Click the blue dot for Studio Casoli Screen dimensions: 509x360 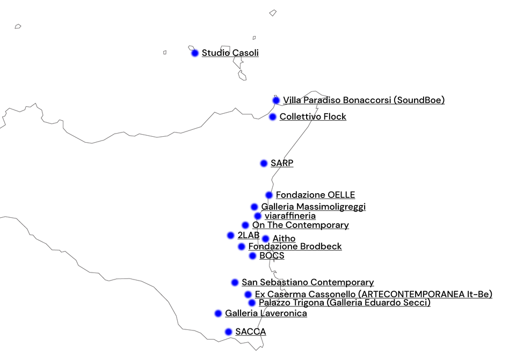[x=195, y=53]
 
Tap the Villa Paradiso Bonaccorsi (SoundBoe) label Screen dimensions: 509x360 [x=363, y=100]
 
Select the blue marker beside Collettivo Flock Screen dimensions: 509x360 [x=273, y=117]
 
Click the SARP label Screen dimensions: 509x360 [x=282, y=163]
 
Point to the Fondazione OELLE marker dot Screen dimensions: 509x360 [x=269, y=195]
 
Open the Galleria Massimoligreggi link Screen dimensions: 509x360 [x=313, y=207]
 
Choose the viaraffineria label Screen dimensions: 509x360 [x=290, y=216]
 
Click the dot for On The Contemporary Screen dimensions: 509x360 [x=245, y=225]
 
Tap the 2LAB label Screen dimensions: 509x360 [x=249, y=235]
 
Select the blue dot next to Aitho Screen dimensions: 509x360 [x=266, y=239]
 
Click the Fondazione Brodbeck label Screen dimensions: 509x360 [x=295, y=246]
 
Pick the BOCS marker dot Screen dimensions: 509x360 [x=252, y=256]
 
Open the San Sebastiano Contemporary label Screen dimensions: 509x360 [x=308, y=283]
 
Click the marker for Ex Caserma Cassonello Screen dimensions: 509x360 [x=248, y=295]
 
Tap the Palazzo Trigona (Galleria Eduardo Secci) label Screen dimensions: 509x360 [x=344, y=303]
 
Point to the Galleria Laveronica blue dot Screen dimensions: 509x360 [x=218, y=313]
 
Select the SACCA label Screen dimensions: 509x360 [x=251, y=332]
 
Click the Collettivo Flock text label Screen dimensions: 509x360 [x=312, y=117]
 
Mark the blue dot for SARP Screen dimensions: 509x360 [x=264, y=164]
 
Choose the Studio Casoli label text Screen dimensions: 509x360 [x=230, y=53]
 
